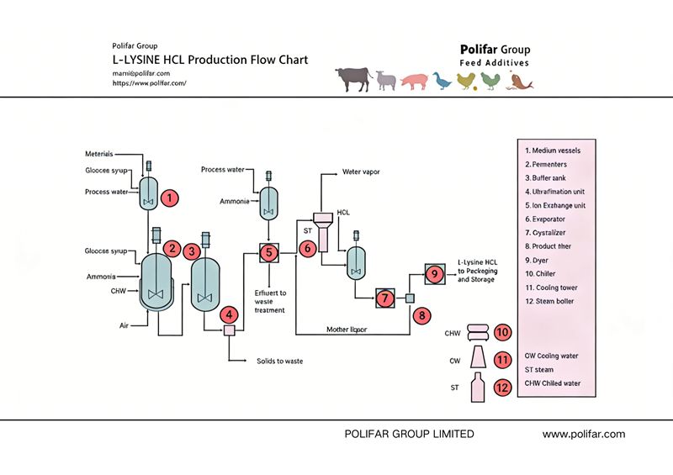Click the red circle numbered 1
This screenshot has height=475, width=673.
point(170,198)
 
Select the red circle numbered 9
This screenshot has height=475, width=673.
point(433,273)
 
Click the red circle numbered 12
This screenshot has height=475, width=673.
point(503,388)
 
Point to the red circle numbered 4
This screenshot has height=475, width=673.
point(227,314)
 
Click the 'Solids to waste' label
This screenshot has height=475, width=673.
point(280,361)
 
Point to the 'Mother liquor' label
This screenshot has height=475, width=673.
point(349,330)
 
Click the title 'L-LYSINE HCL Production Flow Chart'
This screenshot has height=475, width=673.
point(209,60)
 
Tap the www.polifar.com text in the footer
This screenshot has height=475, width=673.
point(583,434)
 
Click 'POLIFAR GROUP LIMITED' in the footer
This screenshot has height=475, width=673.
point(409,434)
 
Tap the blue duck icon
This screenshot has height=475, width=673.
point(442,81)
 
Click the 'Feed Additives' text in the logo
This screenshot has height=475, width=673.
point(495,64)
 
